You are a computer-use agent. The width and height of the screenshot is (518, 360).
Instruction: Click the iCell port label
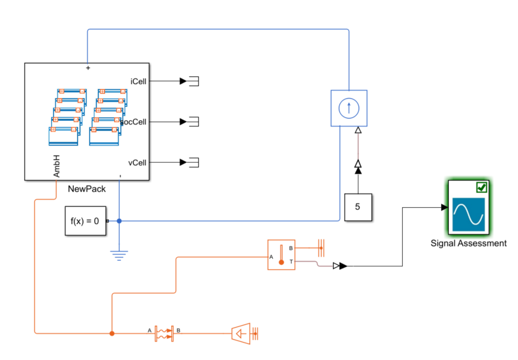tap(138, 81)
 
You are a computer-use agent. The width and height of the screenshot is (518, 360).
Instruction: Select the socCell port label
tap(133, 122)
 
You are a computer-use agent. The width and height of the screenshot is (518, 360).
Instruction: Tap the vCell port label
tap(137, 163)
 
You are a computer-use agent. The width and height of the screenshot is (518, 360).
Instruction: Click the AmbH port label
tap(56, 166)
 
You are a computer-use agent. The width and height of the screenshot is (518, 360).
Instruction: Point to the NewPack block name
tap(87, 189)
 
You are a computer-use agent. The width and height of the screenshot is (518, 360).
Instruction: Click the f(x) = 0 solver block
tap(85, 221)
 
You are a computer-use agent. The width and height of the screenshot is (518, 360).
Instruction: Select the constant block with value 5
tap(358, 207)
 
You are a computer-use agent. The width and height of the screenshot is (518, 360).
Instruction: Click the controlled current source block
tap(349, 108)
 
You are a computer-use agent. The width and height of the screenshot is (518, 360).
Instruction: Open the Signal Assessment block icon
tap(469, 207)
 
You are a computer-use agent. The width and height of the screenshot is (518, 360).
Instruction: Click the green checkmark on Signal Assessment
tap(482, 188)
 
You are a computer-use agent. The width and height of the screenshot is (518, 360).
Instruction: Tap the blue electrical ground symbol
tap(119, 255)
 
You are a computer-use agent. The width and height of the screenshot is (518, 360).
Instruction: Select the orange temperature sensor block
tap(281, 255)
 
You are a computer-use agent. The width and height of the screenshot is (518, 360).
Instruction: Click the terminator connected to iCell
tap(194, 81)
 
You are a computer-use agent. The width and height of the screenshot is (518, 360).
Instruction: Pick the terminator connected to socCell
tap(194, 122)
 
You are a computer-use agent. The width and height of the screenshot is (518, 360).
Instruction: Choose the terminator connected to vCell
tap(194, 162)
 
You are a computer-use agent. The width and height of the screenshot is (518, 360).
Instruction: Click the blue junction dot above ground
tap(119, 221)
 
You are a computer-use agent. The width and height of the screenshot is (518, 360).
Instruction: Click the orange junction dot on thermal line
tap(112, 334)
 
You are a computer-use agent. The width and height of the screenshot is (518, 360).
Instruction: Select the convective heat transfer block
tap(164, 334)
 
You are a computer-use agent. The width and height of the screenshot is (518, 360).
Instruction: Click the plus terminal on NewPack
tap(88, 68)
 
